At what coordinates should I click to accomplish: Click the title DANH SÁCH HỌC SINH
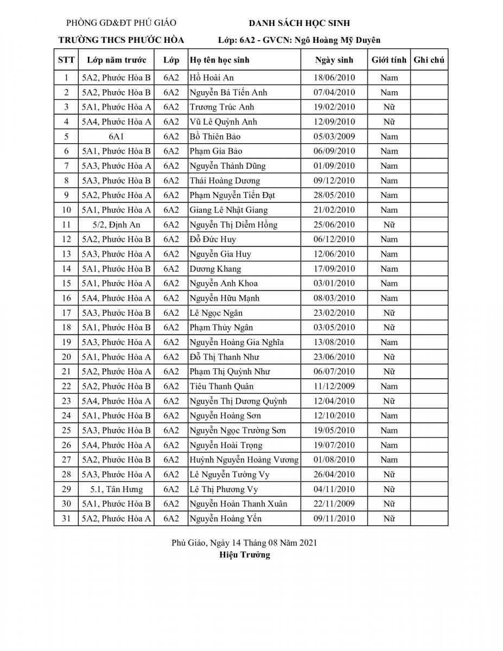click(x=299, y=23)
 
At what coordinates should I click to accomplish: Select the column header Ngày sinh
click(x=334, y=60)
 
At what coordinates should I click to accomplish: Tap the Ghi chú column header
click(x=429, y=60)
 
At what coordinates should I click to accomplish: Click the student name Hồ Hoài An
click(x=212, y=78)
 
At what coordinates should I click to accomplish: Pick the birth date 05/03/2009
click(x=334, y=136)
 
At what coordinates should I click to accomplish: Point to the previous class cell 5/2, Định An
click(x=116, y=225)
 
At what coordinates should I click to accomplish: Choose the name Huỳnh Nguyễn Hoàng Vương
click(x=244, y=459)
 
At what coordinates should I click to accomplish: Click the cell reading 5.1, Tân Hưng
click(x=116, y=489)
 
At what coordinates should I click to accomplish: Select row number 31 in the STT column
click(x=66, y=519)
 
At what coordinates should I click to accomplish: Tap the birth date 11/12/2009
click(x=334, y=386)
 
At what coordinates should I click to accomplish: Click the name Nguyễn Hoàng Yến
click(x=225, y=519)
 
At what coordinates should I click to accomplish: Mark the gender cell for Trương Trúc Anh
click(x=389, y=107)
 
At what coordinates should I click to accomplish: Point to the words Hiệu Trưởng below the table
click(x=245, y=555)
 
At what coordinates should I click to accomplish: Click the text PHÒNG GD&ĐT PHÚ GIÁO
click(x=121, y=23)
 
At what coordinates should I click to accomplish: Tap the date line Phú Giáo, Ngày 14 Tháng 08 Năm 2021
click(x=244, y=542)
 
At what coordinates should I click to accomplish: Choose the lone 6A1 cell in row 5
click(x=116, y=136)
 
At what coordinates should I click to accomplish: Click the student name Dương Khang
click(x=215, y=269)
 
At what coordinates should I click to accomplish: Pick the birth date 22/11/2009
click(x=334, y=504)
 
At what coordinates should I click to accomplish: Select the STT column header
click(x=66, y=60)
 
